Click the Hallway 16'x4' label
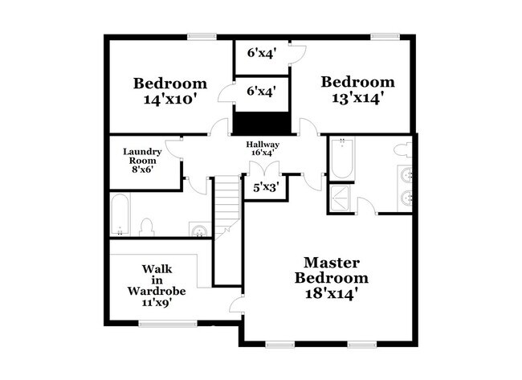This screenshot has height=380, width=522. (262, 148)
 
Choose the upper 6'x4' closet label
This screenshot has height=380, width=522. (262, 54)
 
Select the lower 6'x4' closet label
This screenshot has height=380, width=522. (262, 92)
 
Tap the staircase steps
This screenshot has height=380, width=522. (227, 205)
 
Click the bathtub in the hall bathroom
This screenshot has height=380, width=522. (120, 215)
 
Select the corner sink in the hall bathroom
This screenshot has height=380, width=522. (199, 231)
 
